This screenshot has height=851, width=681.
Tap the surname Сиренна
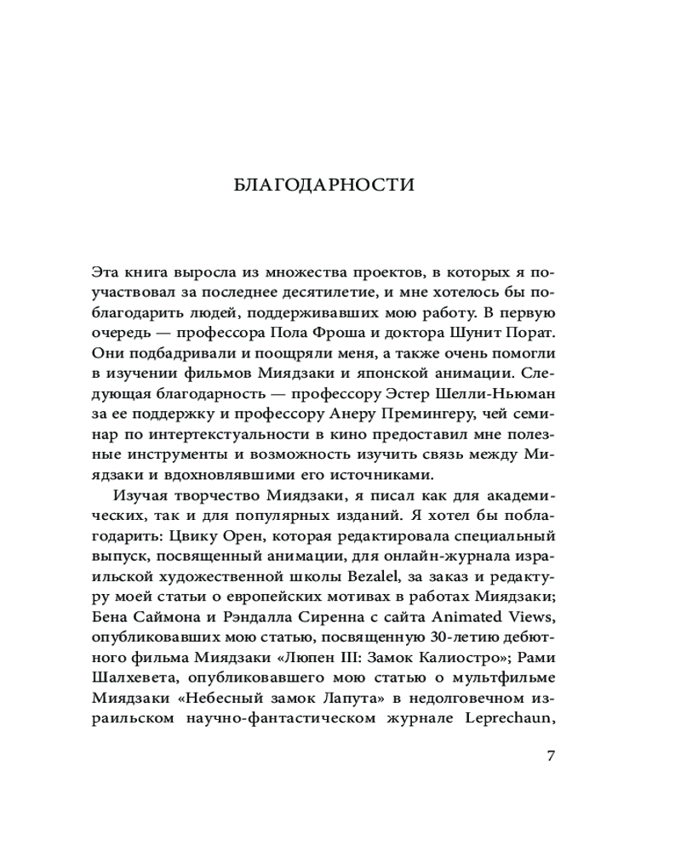(322, 615)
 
